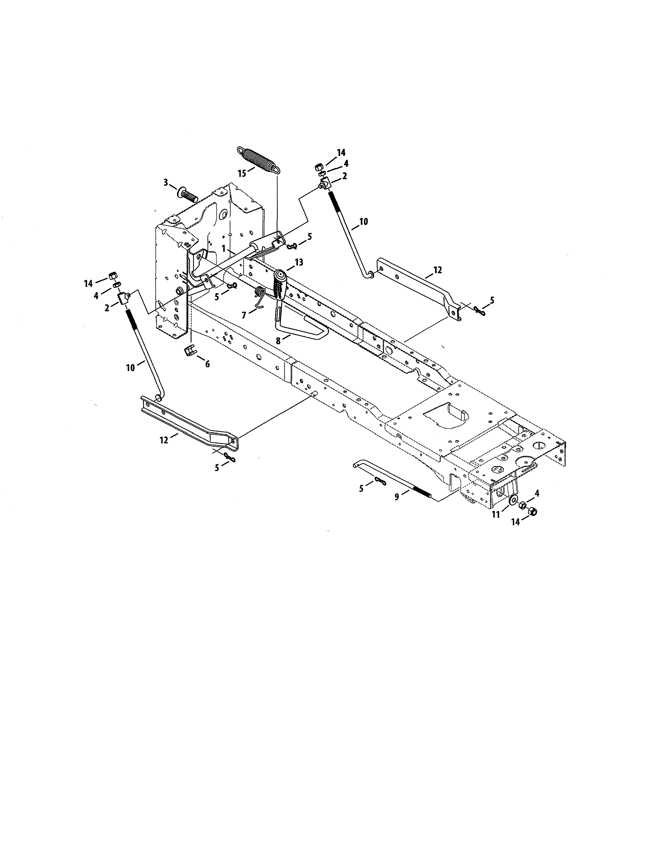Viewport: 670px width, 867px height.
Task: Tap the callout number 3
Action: coord(166,183)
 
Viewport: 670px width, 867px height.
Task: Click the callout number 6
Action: coord(207,364)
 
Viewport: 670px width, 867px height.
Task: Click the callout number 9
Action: coord(396,496)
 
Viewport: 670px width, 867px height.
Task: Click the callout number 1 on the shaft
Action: coord(224,249)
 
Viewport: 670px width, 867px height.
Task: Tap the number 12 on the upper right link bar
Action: coord(437,270)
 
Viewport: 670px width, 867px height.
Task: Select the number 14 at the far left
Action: coord(88,283)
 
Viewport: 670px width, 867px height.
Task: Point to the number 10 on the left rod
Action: coord(130,368)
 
